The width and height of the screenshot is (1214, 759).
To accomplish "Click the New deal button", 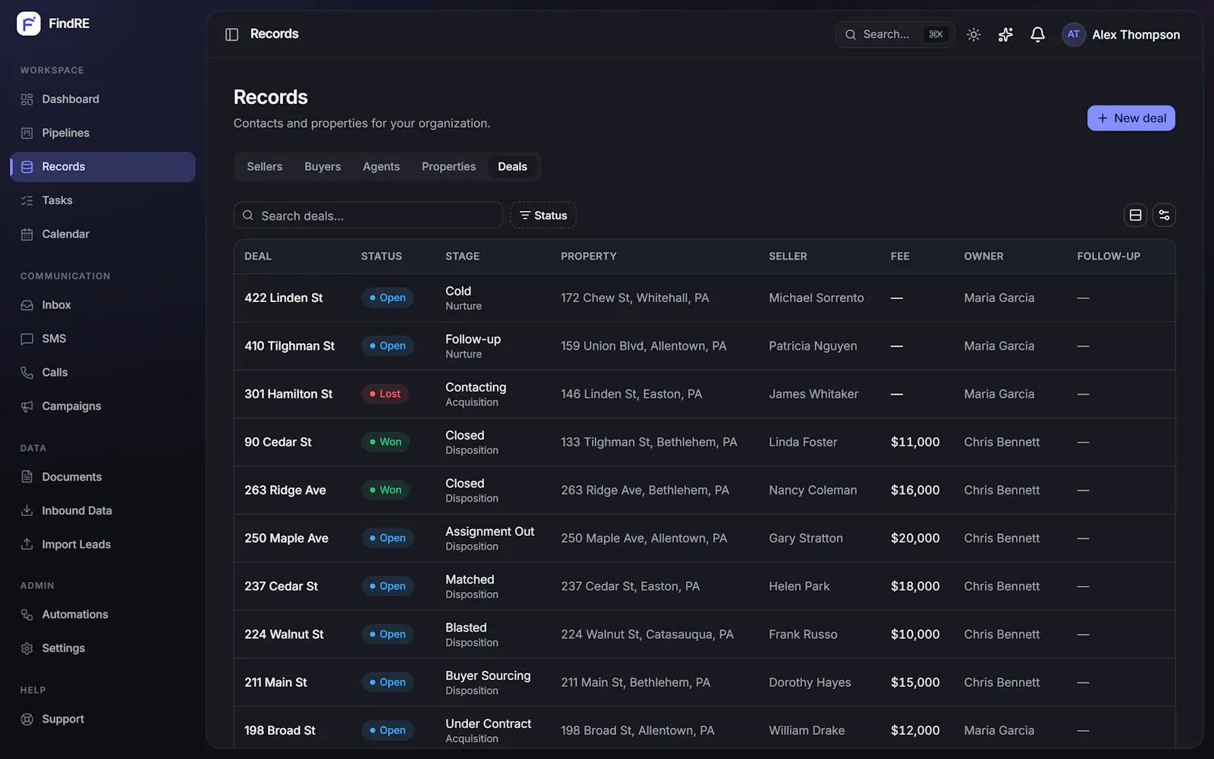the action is pos(1131,118).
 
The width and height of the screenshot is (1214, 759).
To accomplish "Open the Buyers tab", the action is pos(322,166).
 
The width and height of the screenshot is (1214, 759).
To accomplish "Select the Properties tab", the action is pos(448,166).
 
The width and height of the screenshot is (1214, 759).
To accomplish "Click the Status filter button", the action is pos(543,216).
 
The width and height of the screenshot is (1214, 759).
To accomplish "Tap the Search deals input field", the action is pos(368,216).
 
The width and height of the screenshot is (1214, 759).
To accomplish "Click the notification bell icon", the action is pos(1037,35).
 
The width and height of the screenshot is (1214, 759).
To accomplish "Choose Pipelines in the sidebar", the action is pos(65,133).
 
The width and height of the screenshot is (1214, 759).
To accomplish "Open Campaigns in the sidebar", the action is pos(71,406).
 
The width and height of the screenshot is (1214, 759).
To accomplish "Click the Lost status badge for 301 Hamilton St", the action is pos(385,394).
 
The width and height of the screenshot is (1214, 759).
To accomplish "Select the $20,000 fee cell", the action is pos(915,538).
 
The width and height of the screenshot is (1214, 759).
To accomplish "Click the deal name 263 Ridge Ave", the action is pos(285,490).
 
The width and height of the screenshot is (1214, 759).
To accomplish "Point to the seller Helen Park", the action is pos(799,586).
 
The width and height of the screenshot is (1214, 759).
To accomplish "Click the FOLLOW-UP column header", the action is pos(1109,257).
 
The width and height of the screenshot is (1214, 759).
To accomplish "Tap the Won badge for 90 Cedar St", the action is pos(385,442).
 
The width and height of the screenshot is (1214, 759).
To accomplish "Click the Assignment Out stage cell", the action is pos(489,538).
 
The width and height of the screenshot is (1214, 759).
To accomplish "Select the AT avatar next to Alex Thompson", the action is pos(1073,35).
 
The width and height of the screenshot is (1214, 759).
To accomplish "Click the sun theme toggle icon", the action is pos(973,35).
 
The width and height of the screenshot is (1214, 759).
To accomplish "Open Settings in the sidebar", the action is pos(64,648).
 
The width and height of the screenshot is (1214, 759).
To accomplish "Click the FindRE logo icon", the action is pos(28,24).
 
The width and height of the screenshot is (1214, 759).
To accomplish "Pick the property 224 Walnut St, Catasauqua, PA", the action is pos(646,635).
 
